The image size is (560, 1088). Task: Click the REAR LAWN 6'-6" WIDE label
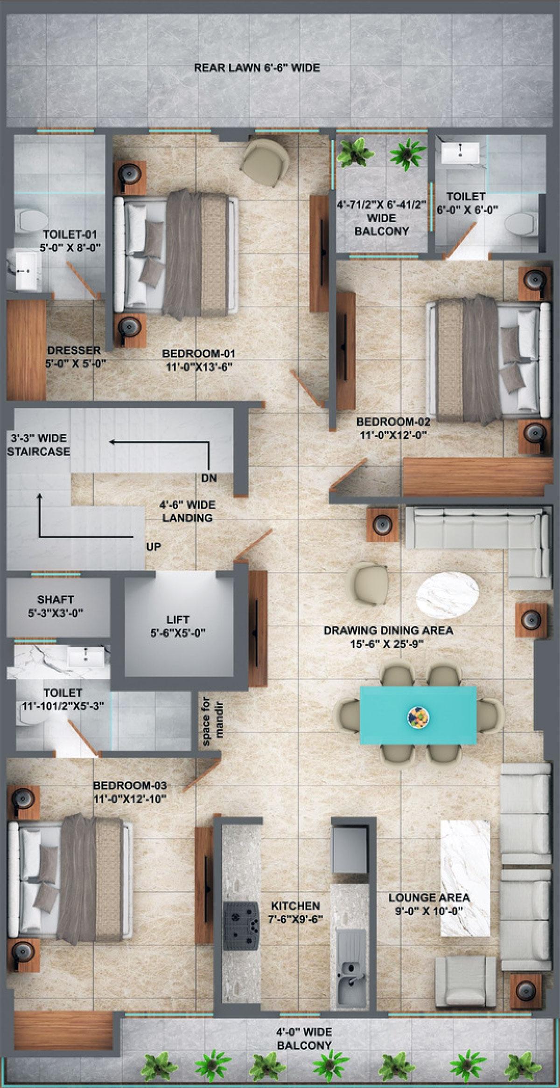tap(257, 68)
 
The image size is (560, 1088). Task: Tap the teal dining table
tap(418, 715)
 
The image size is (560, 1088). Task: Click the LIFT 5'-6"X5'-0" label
tap(178, 626)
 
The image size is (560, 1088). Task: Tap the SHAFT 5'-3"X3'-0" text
tap(56, 606)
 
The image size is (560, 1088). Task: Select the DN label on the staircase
tap(209, 478)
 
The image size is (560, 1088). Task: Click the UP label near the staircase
tap(154, 547)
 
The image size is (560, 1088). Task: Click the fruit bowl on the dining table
tap(418, 716)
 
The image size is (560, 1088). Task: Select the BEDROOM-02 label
tap(393, 428)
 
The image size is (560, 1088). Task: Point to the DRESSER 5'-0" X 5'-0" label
tap(75, 357)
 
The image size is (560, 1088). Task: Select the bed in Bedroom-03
tap(70, 885)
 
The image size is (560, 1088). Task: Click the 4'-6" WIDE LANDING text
tap(187, 511)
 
